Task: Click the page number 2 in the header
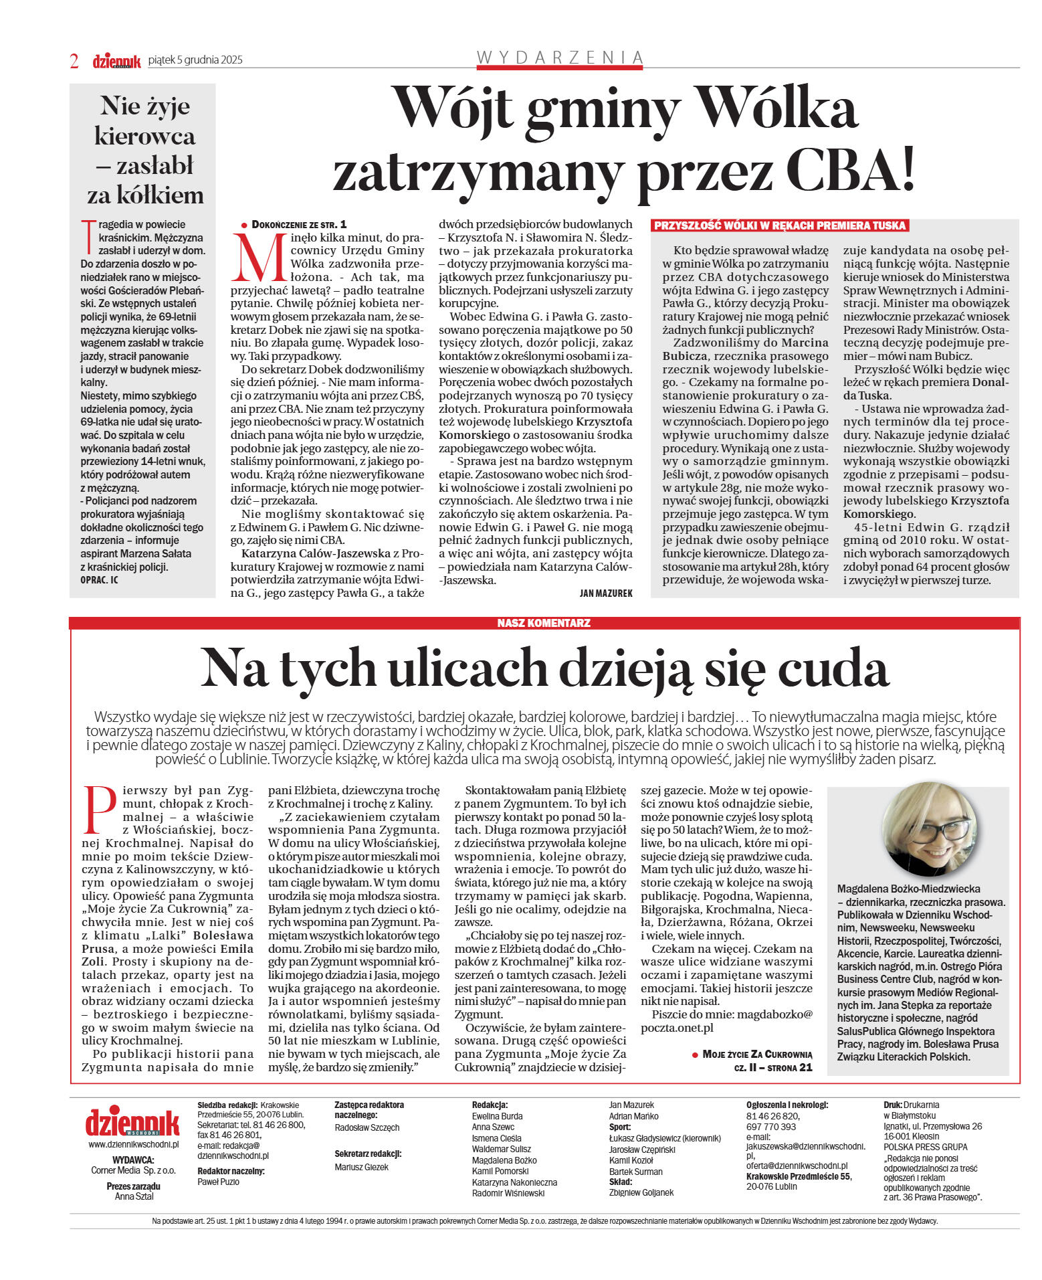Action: pyautogui.click(x=74, y=61)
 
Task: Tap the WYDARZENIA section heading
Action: pyautogui.click(x=559, y=58)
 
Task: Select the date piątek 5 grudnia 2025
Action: pyautogui.click(x=195, y=60)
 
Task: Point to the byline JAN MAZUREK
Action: pyautogui.click(x=605, y=593)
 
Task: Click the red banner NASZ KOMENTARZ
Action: pyautogui.click(x=544, y=623)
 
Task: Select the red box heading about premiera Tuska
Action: pyautogui.click(x=779, y=225)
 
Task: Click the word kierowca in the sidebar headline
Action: pyautogui.click(x=144, y=136)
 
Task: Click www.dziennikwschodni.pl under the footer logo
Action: pyautogui.click(x=133, y=1145)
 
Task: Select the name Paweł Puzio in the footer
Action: pyautogui.click(x=218, y=1182)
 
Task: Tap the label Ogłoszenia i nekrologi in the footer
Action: pyautogui.click(x=787, y=1105)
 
